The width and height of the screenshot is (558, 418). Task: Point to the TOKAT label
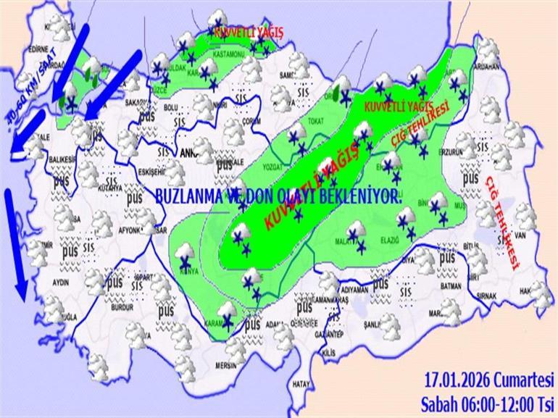[315, 120]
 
